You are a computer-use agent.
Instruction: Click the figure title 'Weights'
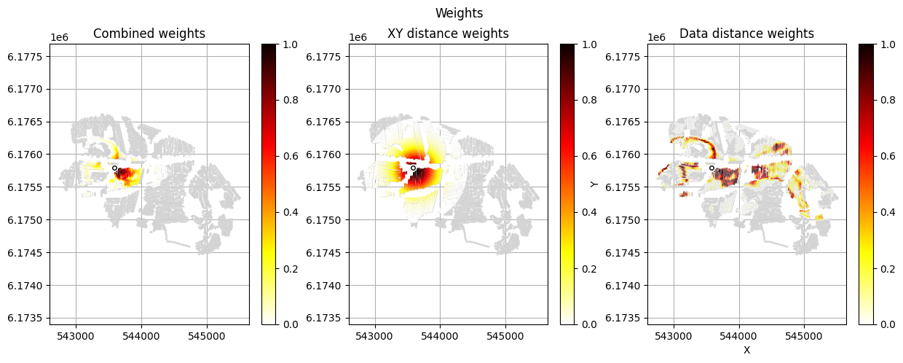[459, 13]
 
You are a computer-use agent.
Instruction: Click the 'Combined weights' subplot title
[149, 34]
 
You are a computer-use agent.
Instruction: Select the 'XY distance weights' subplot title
[448, 34]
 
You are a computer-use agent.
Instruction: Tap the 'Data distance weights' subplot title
[746, 34]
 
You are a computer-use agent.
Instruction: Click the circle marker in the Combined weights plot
[115, 168]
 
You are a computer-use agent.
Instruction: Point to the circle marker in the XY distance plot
[413, 168]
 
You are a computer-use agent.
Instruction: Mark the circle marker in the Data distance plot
[711, 168]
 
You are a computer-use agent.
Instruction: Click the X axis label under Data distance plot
[746, 350]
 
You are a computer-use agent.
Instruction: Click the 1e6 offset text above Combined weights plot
[60, 37]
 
